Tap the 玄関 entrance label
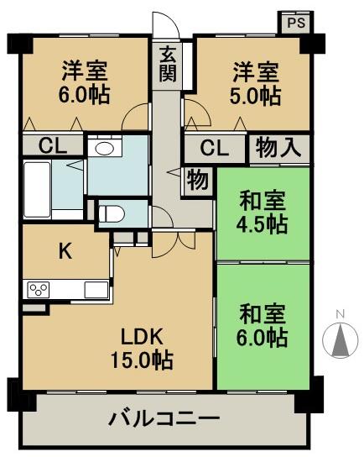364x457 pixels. point(167,65)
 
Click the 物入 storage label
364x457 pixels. point(277,149)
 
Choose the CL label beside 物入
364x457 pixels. point(215,150)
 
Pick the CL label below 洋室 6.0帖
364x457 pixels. point(52,145)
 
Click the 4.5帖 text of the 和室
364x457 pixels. point(263,225)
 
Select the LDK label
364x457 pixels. point(142,334)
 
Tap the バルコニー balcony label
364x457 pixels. point(164,418)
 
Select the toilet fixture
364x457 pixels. point(111,213)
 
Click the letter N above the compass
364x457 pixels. point(340,315)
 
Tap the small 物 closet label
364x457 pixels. point(198,179)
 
